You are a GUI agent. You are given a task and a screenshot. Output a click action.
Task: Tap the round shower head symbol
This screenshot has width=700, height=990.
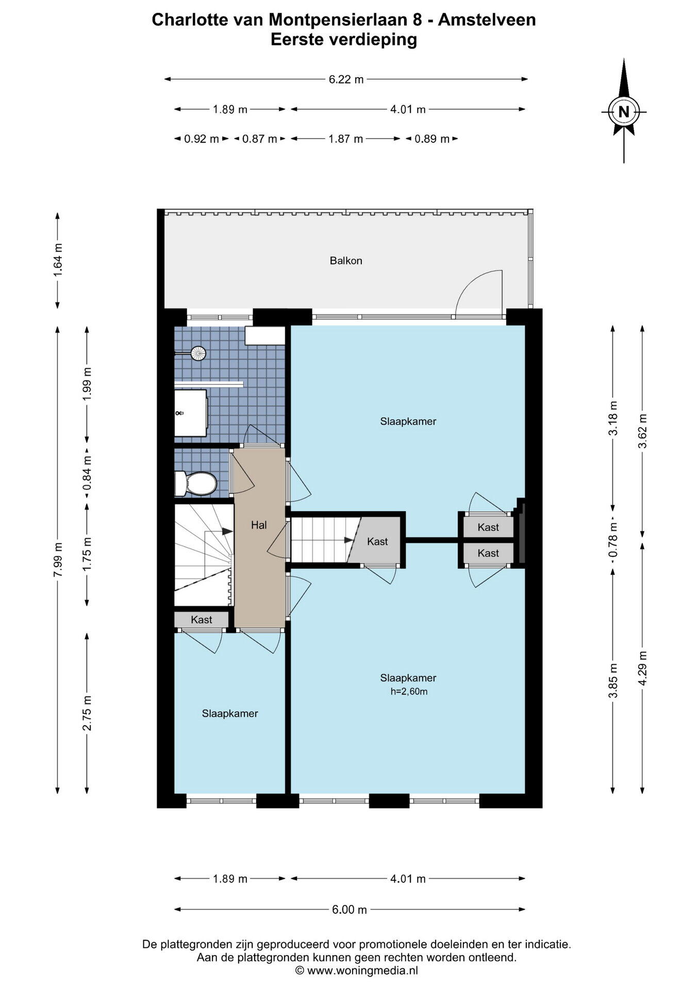(x=198, y=353)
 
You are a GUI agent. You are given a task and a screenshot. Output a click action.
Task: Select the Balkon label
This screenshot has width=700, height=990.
(x=346, y=261)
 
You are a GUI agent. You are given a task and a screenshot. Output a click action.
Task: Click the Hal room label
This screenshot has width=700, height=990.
(x=259, y=525)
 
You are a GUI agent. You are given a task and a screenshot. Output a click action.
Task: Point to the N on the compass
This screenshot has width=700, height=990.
(x=624, y=111)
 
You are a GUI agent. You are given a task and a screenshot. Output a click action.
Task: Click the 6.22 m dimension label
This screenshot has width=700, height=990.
(x=346, y=79)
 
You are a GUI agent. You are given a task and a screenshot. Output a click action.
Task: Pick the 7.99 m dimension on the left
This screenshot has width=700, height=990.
(x=58, y=560)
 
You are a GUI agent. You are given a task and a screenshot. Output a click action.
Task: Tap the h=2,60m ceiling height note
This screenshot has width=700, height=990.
(x=409, y=691)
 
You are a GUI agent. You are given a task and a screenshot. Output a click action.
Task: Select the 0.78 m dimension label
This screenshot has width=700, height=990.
(x=613, y=540)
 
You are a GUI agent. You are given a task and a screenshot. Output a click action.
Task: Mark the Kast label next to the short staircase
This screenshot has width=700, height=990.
(x=377, y=541)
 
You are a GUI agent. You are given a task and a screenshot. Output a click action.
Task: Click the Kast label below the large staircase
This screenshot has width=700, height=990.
(x=201, y=620)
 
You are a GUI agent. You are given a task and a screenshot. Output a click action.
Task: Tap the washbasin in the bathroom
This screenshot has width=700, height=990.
(x=191, y=413)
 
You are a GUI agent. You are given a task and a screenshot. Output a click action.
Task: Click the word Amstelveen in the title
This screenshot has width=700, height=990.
(x=494, y=20)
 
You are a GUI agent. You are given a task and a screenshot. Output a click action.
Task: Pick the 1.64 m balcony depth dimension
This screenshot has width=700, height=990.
(x=58, y=260)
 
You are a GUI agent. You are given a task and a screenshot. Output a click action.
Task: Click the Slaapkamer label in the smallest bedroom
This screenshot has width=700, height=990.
(x=230, y=714)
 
